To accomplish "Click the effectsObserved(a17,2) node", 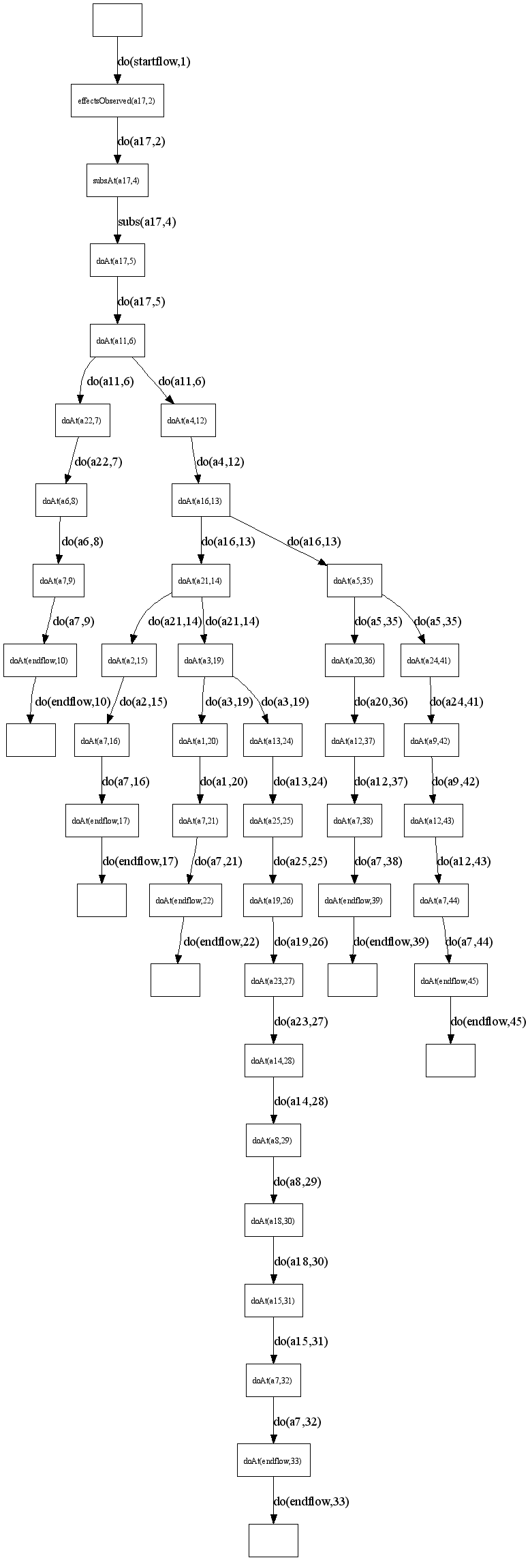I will (117, 101).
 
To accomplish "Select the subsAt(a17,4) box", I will (117, 181).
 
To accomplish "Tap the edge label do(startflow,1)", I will (154, 61).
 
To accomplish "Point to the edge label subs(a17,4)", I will (147, 222).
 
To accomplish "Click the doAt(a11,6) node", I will (117, 340).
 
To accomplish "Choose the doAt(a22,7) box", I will (82, 420).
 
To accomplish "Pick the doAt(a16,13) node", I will (200, 500).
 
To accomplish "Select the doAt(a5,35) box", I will (354, 581).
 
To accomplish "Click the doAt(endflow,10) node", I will (39, 660).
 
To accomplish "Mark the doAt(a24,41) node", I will (429, 660).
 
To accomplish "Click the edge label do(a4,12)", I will (220, 462).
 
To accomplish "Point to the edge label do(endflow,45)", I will (488, 1021).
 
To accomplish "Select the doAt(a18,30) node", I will (273, 1220).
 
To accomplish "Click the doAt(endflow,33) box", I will (273, 1460).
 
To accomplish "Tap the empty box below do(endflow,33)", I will (273, 1540).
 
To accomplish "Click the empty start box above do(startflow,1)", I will (117, 20).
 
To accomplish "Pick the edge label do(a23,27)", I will (301, 1021).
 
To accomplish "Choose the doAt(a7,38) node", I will (354, 820).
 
